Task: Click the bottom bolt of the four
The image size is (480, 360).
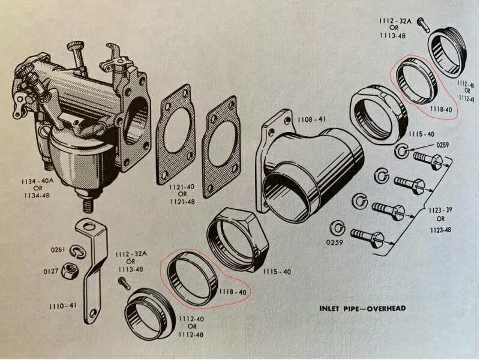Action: click(x=367, y=237)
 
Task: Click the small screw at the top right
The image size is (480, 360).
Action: click(x=421, y=24)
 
